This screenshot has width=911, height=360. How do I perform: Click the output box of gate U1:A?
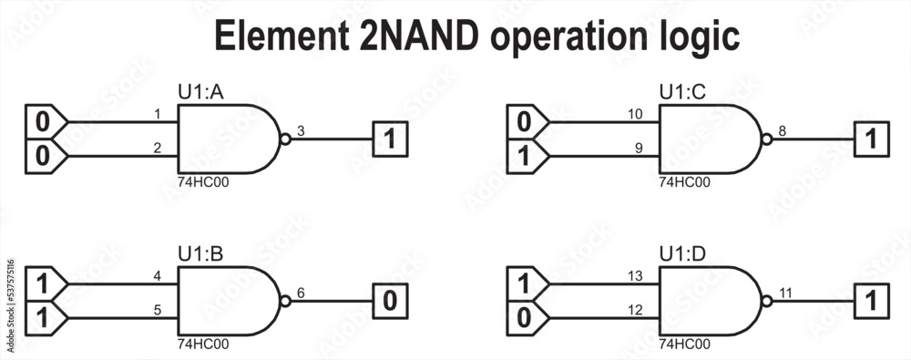390,139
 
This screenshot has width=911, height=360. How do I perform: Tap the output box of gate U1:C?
871,139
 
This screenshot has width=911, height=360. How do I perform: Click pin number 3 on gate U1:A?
301,131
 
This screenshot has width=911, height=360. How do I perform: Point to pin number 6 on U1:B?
301,293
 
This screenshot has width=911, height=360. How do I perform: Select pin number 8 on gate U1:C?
783,131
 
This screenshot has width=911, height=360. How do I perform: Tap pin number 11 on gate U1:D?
785,293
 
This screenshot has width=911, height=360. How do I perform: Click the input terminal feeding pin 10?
526,121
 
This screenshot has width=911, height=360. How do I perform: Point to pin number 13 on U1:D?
636,275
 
